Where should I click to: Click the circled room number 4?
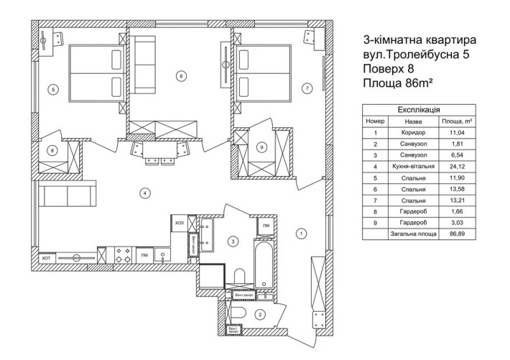146,193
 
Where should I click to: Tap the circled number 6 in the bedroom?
180,75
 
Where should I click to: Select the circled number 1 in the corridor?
301,233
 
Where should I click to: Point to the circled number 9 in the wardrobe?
261,147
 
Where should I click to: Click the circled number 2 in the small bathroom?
261,314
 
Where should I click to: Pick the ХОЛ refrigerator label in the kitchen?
178,223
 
